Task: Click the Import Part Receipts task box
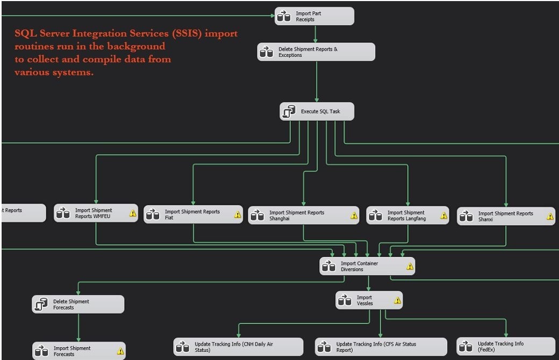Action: [x=314, y=16]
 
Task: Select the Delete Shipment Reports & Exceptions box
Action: [x=316, y=52]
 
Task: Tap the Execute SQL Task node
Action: [x=317, y=112]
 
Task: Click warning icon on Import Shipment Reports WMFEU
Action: [x=133, y=213]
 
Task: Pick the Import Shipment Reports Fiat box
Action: [x=192, y=214]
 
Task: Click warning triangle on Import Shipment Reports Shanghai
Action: [x=354, y=215]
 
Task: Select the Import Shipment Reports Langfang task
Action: [x=407, y=215]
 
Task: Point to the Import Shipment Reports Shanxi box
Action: [x=505, y=216]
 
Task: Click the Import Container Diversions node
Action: [x=367, y=266]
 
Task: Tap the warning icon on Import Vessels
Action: [x=398, y=300]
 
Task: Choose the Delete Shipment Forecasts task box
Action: [x=78, y=304]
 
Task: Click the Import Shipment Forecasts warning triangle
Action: [x=120, y=352]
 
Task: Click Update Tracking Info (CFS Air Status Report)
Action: [x=381, y=347]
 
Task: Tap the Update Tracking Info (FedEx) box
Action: [x=505, y=346]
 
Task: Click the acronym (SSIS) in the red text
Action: [x=188, y=33]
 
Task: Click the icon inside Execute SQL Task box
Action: [x=289, y=112]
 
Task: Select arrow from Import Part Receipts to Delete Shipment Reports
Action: [x=315, y=34]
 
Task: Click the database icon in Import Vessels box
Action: [x=345, y=300]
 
